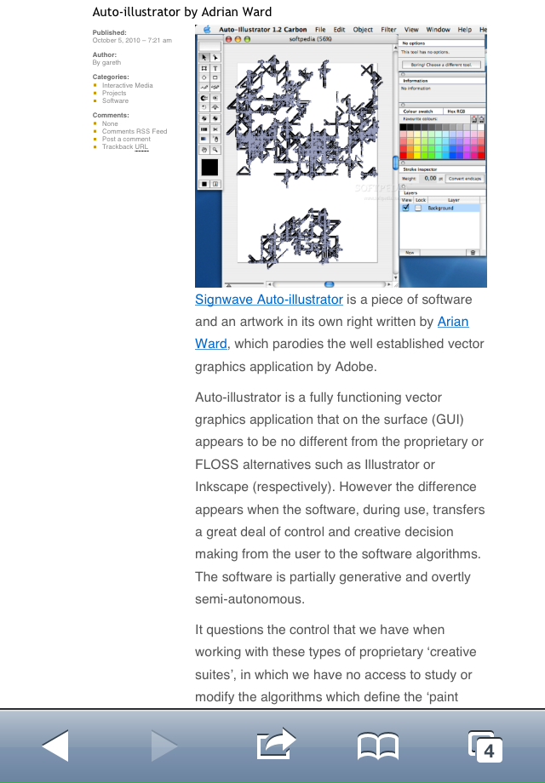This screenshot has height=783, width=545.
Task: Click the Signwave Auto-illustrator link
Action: pyautogui.click(x=269, y=300)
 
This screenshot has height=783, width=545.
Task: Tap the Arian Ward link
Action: pyautogui.click(x=452, y=322)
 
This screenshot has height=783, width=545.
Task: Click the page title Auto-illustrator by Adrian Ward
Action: pyautogui.click(x=182, y=12)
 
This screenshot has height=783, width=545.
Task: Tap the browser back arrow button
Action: pyautogui.click(x=54, y=746)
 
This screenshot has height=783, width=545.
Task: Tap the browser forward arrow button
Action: pyautogui.click(x=163, y=746)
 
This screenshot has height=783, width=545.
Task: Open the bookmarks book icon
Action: pyautogui.click(x=377, y=747)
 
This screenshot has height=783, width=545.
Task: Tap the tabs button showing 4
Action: pyautogui.click(x=485, y=746)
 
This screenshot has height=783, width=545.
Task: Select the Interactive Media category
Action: pyautogui.click(x=128, y=86)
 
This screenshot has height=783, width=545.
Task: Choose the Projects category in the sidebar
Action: pyautogui.click(x=114, y=94)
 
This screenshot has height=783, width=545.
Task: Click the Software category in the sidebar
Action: pyautogui.click(x=115, y=100)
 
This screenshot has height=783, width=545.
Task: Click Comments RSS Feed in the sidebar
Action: pyautogui.click(x=135, y=132)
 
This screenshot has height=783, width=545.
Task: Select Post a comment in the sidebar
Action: pyautogui.click(x=126, y=140)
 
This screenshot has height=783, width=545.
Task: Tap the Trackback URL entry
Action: pyautogui.click(x=125, y=147)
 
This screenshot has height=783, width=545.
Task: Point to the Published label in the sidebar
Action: pyautogui.click(x=109, y=32)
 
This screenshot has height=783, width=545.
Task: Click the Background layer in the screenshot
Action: pyautogui.click(x=440, y=208)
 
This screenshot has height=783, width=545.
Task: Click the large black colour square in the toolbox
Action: pyautogui.click(x=209, y=167)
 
